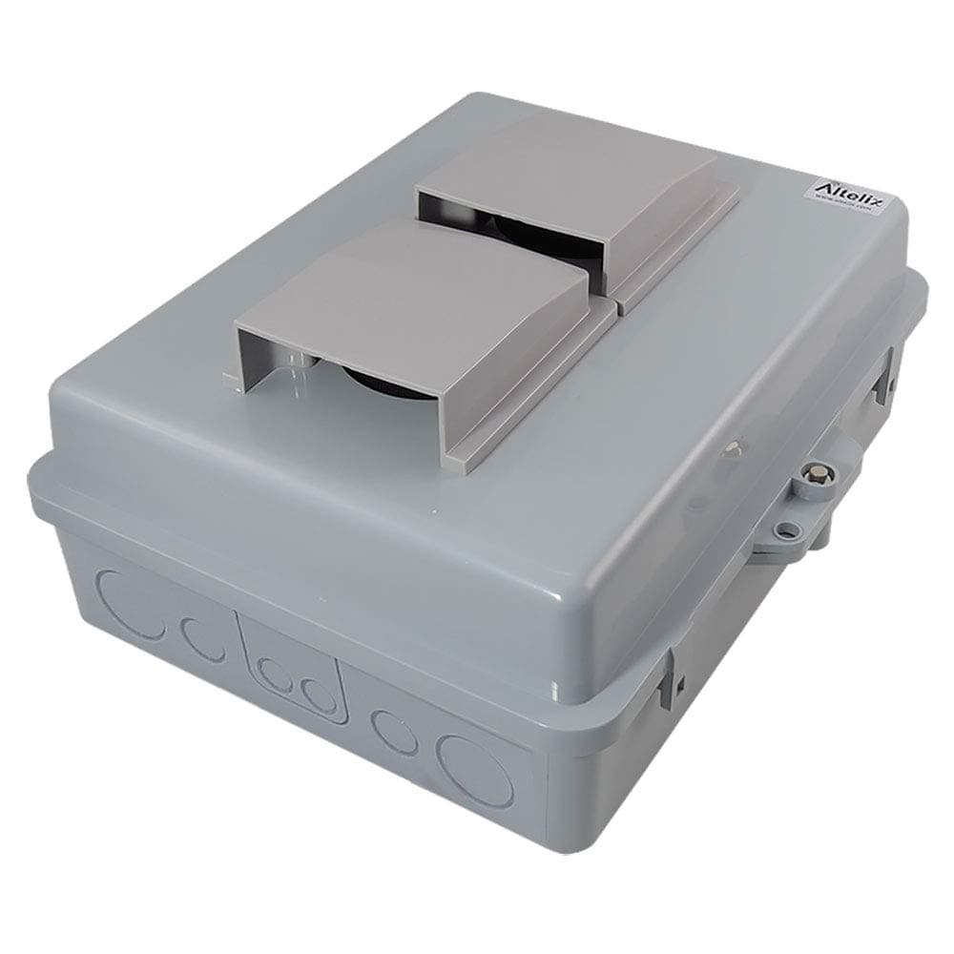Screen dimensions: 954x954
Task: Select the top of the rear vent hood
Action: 563,172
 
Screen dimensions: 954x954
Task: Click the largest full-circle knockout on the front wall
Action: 474,767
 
